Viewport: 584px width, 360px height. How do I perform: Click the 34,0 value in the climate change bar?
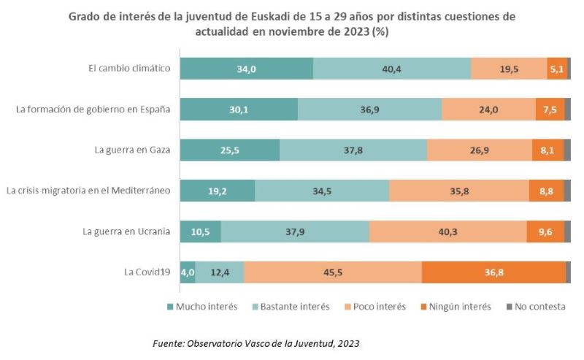point(247,69)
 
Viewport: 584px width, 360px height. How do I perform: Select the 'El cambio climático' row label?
point(128,69)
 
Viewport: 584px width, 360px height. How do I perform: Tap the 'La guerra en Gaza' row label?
point(132,150)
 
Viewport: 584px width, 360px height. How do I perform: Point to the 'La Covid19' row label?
point(149,272)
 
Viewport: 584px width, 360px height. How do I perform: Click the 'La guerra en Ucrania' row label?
point(126,231)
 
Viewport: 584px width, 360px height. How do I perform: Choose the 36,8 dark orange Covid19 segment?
point(493,272)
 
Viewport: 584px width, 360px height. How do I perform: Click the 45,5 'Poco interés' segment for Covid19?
point(333,272)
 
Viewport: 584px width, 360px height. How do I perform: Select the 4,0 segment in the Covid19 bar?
point(188,272)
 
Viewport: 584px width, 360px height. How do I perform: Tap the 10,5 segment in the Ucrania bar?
point(200,231)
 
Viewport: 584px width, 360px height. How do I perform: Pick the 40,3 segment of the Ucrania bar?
point(447,231)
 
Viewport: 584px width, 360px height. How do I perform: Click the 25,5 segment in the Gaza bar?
point(229,150)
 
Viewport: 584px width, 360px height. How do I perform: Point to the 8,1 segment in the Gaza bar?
point(547,150)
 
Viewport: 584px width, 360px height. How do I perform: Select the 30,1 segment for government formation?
point(239,110)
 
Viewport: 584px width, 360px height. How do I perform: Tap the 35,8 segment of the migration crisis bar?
point(458,191)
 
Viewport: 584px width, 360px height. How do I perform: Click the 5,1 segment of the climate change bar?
point(556,69)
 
